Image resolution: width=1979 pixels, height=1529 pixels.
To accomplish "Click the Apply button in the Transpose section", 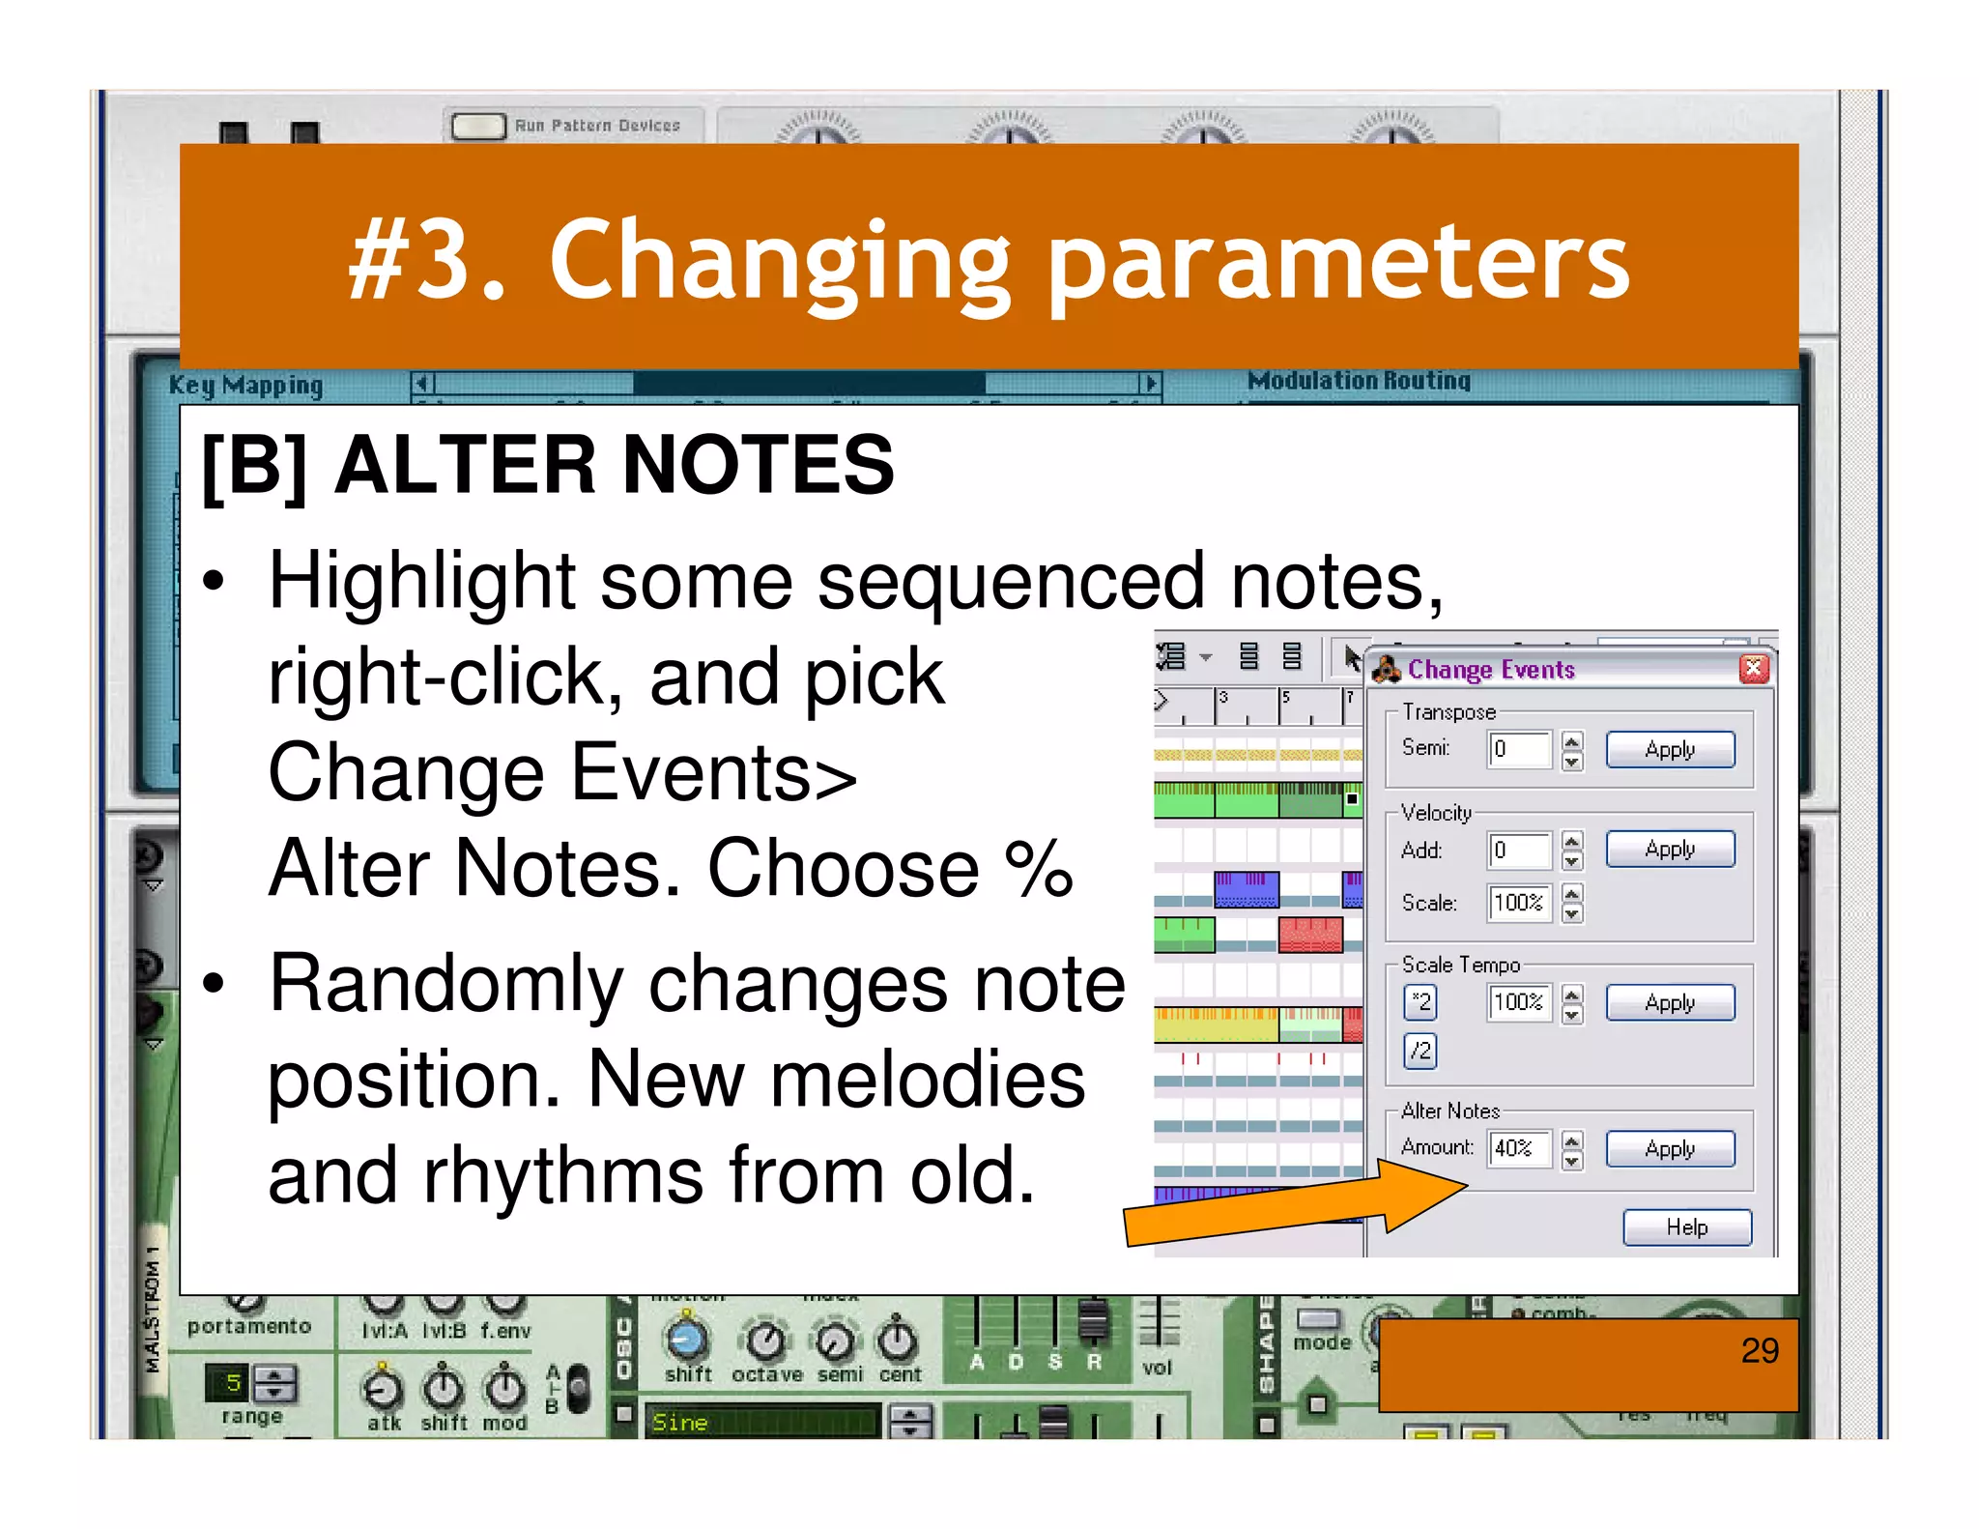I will (1669, 750).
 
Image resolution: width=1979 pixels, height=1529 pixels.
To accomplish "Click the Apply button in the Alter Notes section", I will (1669, 1149).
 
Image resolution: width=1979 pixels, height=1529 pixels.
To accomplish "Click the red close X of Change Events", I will (1754, 669).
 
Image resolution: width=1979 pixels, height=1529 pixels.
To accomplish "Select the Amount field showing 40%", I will (1518, 1149).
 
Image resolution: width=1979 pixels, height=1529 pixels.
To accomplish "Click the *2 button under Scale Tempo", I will (1420, 1001).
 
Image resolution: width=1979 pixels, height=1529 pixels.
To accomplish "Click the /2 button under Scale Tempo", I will (1420, 1051).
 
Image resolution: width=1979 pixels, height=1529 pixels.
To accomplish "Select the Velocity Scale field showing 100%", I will (1518, 903).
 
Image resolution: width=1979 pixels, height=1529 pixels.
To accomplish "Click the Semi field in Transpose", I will (1518, 749).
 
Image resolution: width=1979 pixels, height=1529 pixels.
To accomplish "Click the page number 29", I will (1759, 1350).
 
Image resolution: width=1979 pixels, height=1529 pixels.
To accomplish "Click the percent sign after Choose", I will (1038, 868).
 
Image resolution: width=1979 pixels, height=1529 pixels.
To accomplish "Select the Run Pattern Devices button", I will (478, 127).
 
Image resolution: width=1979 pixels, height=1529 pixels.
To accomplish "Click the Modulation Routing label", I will (1358, 381).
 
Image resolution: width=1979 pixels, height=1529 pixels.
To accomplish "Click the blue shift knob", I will (687, 1340).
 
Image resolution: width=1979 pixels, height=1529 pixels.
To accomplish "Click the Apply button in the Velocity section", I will (1669, 850).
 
